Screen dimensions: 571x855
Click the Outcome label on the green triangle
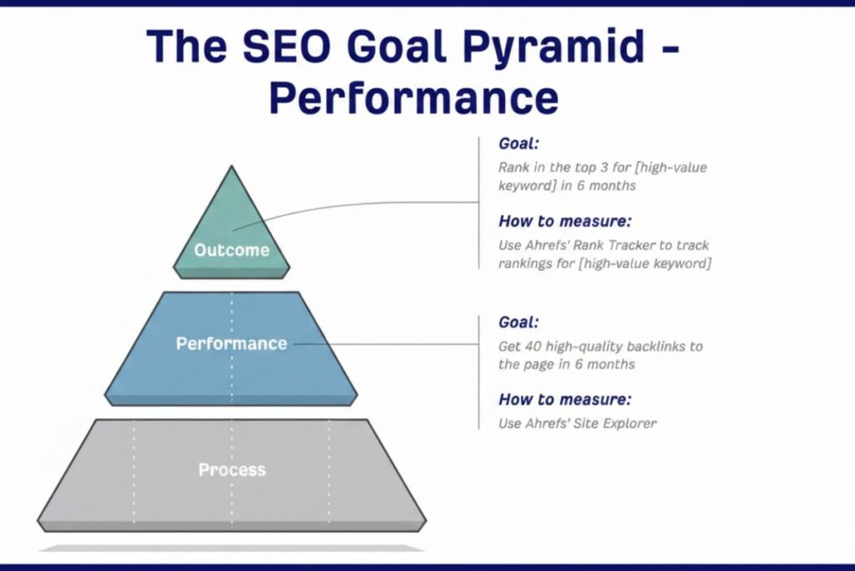pyautogui.click(x=232, y=250)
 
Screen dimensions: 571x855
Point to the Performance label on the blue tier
pyautogui.click(x=231, y=344)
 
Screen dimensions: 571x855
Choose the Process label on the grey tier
pyautogui.click(x=231, y=470)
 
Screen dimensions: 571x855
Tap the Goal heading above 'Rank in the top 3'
pyautogui.click(x=519, y=143)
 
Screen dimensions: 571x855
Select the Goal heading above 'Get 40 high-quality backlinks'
pyautogui.click(x=519, y=323)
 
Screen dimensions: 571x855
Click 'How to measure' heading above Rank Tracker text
pyautogui.click(x=564, y=222)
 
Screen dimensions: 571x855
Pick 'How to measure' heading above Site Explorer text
pyautogui.click(x=564, y=399)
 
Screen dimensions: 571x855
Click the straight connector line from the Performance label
pyautogui.click(x=384, y=344)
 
